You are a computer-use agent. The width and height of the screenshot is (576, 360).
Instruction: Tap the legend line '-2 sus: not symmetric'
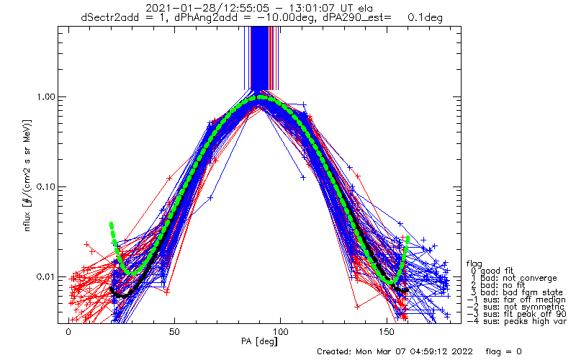coord(513,306)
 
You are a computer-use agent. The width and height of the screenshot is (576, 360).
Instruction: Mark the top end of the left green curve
coord(111,225)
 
